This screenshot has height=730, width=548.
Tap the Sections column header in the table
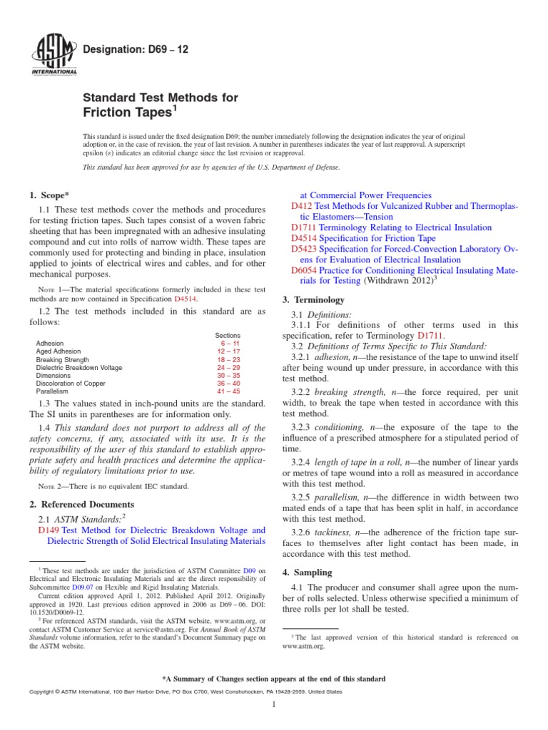pyautogui.click(x=228, y=335)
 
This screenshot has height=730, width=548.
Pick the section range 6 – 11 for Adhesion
pyautogui.click(x=229, y=343)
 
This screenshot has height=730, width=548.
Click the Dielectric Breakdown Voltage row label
pyautogui.click(x=79, y=368)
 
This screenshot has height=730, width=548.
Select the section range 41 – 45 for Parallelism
pyautogui.click(x=229, y=391)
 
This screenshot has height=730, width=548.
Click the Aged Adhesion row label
pyautogui.click(x=59, y=351)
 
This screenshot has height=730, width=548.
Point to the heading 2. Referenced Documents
pyautogui.click(x=83, y=504)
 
